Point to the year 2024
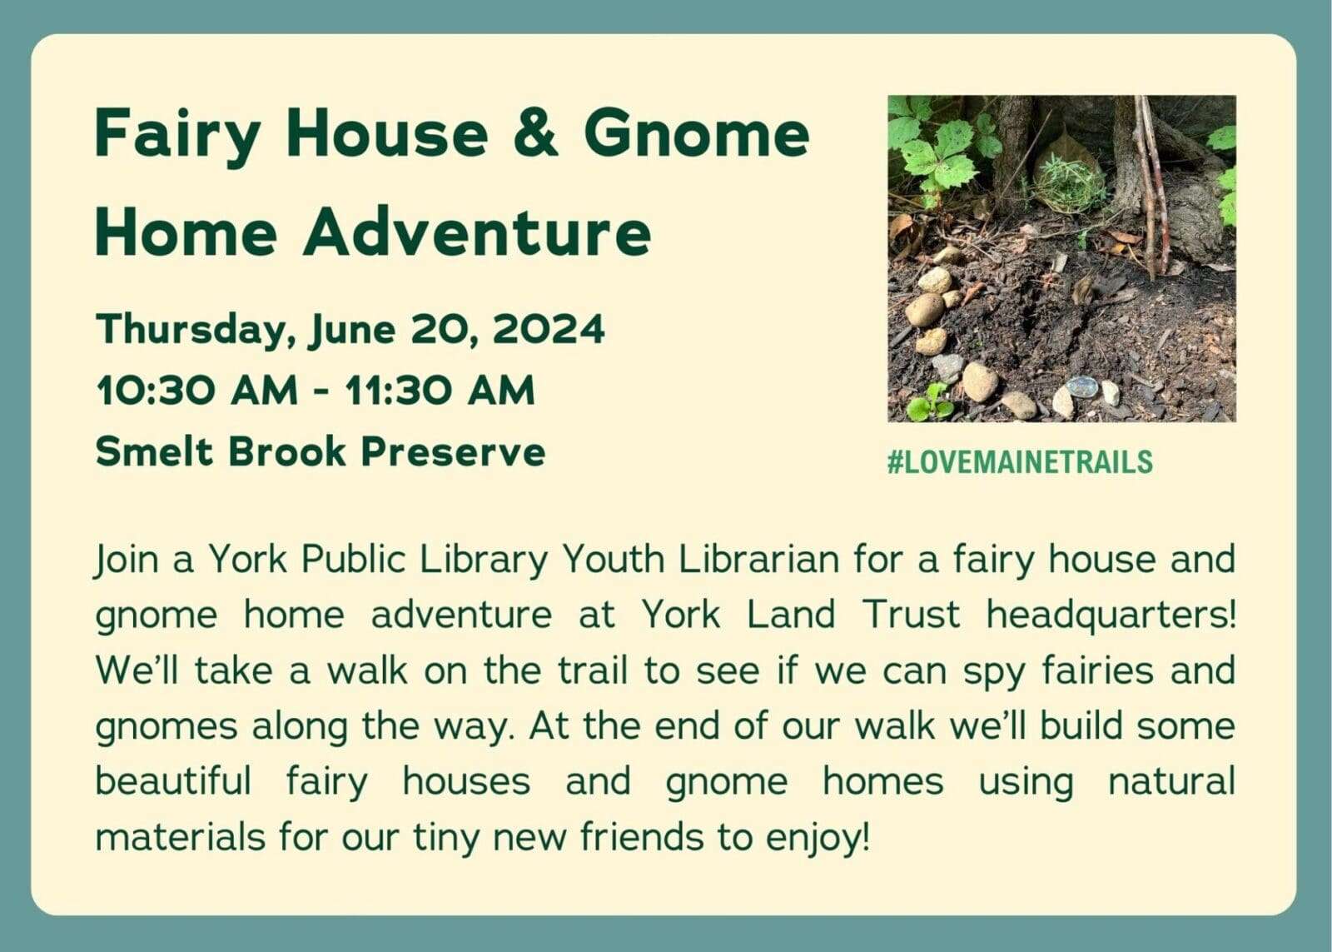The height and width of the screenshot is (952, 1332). [549, 329]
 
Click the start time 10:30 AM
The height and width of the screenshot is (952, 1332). [196, 391]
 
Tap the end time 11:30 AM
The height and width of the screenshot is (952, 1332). [440, 391]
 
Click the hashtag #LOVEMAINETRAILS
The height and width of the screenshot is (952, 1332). [1020, 462]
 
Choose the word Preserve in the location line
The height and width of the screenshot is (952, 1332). [453, 452]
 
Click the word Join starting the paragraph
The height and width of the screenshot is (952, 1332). [126, 561]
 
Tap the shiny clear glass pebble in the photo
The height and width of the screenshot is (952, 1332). [1082, 387]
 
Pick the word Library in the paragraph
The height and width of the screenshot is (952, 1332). [484, 561]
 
